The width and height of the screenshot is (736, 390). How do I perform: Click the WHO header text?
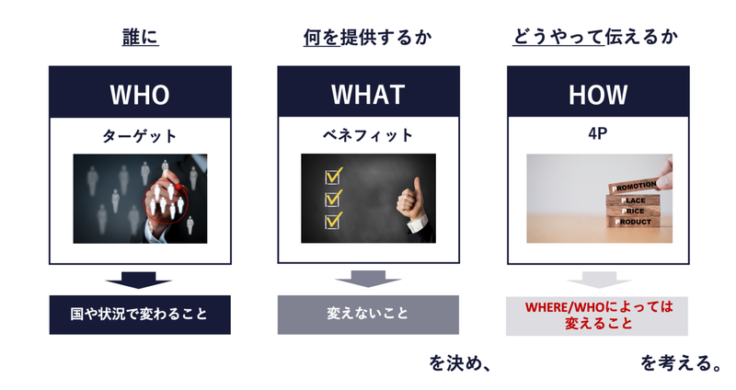[140, 95]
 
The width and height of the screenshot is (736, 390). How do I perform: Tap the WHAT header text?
[368, 95]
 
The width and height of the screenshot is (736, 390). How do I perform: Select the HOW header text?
[598, 95]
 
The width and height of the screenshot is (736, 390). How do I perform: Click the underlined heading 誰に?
[141, 37]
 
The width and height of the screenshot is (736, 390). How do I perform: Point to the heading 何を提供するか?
[367, 37]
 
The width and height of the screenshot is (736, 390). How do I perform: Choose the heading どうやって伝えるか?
[595, 37]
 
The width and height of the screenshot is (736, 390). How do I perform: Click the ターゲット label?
[140, 136]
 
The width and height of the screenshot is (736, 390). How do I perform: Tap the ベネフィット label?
[368, 135]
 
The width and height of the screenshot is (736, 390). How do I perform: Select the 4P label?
[597, 133]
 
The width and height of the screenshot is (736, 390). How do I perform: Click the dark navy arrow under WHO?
[139, 281]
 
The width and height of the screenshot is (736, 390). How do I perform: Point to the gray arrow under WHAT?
[368, 279]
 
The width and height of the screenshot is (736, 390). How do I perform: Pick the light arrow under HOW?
[599, 280]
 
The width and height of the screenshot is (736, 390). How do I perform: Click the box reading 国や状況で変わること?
[140, 315]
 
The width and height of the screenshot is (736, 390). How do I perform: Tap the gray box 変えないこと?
[368, 315]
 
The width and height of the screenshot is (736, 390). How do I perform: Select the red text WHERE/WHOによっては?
[599, 307]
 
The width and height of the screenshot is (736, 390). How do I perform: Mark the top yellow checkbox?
[333, 176]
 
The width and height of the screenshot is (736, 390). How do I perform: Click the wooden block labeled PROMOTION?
[633, 187]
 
